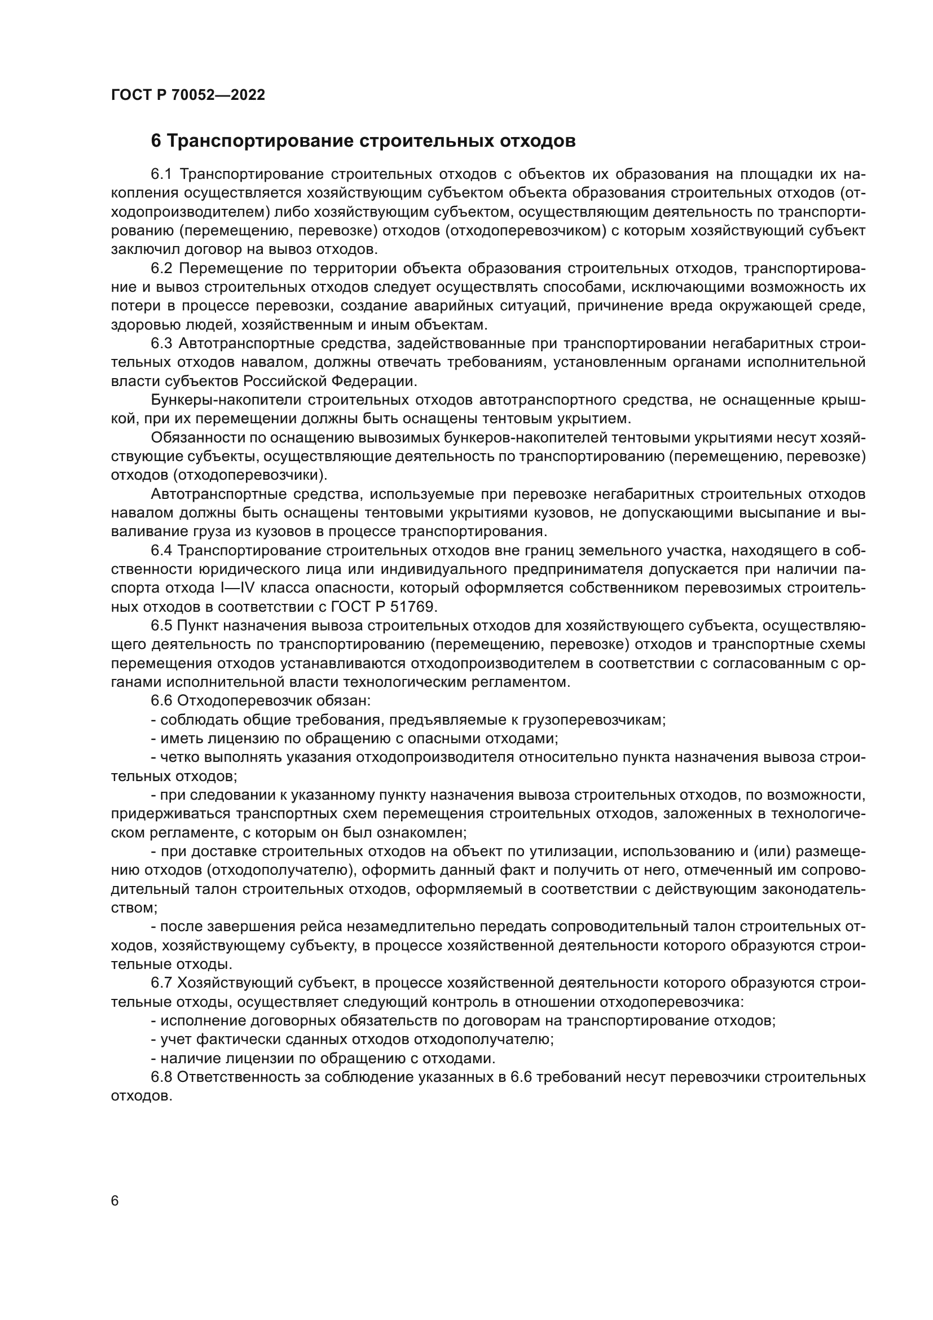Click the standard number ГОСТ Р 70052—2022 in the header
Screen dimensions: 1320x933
(x=188, y=95)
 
